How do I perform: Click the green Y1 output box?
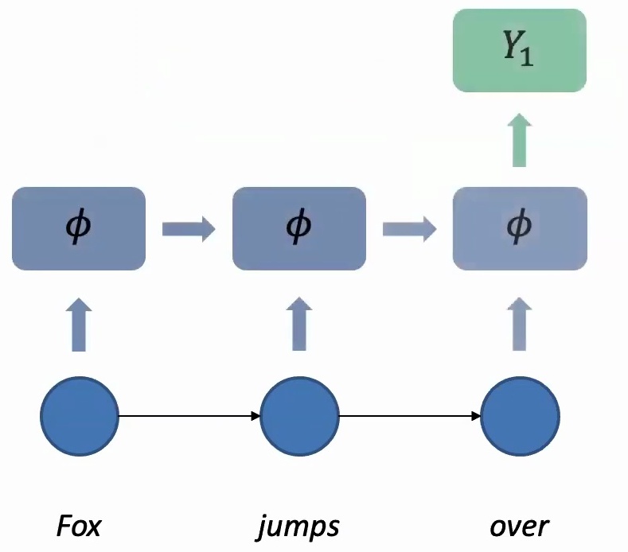pyautogui.click(x=519, y=50)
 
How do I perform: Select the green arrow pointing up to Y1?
pyautogui.click(x=519, y=140)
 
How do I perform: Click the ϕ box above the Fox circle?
pyautogui.click(x=79, y=229)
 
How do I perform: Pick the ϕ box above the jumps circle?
pyautogui.click(x=298, y=229)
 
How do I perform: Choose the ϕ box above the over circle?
pyautogui.click(x=519, y=229)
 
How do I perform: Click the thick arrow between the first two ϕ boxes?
pyautogui.click(x=189, y=230)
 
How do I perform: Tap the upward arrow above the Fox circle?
pyautogui.click(x=79, y=325)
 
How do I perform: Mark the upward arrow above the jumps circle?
pyautogui.click(x=298, y=325)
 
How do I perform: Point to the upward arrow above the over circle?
pyautogui.click(x=519, y=325)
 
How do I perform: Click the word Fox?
pyautogui.click(x=79, y=526)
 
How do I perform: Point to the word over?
pyautogui.click(x=519, y=527)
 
